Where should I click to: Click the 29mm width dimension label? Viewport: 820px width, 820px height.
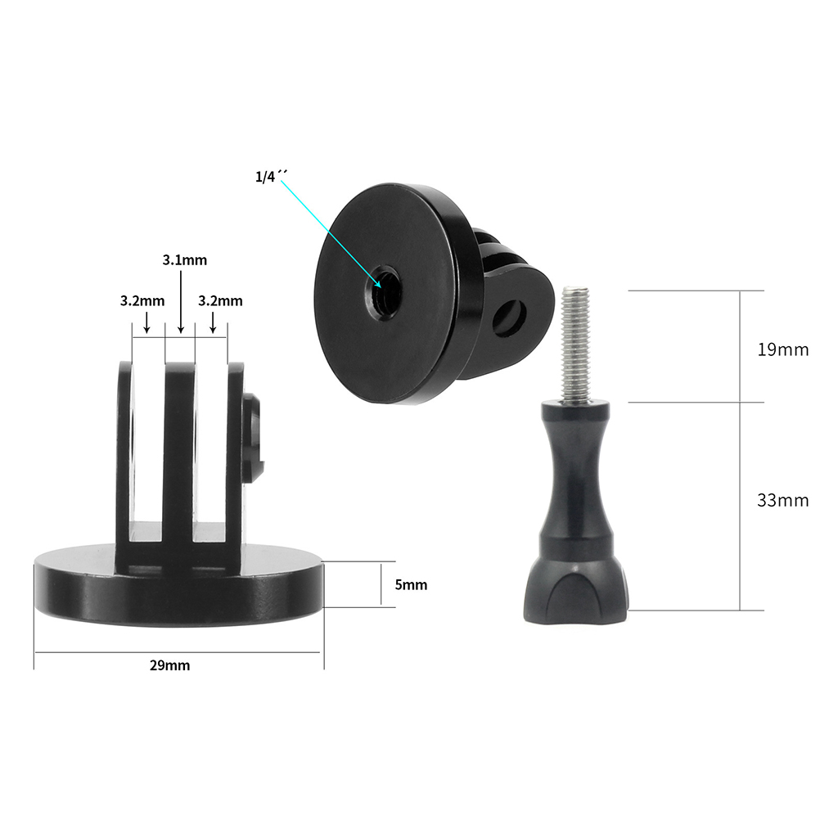click(x=170, y=665)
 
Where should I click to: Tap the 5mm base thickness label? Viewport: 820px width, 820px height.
click(x=411, y=584)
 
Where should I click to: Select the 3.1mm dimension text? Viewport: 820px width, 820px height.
click(x=185, y=260)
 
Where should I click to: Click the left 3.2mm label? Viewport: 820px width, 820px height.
click(x=142, y=300)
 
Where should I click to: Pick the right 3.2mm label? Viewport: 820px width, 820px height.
click(x=220, y=300)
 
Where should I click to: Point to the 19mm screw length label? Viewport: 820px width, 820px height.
click(x=783, y=349)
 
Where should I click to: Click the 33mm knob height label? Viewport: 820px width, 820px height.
click(x=783, y=501)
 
